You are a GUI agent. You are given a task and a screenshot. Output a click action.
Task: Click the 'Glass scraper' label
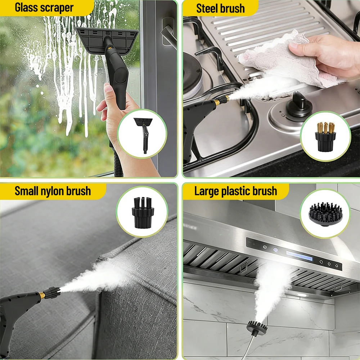[x=44, y=8]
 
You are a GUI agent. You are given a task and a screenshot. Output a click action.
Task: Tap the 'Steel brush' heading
[x=220, y=9]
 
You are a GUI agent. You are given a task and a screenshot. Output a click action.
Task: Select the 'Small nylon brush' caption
[x=53, y=191]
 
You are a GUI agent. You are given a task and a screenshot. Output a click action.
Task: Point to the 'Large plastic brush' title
[x=235, y=191]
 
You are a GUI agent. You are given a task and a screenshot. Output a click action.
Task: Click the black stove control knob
[x=299, y=105]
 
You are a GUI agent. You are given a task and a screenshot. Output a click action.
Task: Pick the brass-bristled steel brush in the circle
[x=325, y=137]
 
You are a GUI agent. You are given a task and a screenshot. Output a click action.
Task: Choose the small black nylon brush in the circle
[x=143, y=213]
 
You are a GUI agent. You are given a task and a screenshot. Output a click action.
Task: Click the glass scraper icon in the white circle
[x=144, y=135]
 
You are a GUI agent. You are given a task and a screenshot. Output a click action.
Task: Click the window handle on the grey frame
[x=168, y=32]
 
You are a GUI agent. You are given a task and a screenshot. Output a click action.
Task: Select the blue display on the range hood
[x=299, y=256]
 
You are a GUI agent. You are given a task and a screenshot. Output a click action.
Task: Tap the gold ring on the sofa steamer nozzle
[x=42, y=295]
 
